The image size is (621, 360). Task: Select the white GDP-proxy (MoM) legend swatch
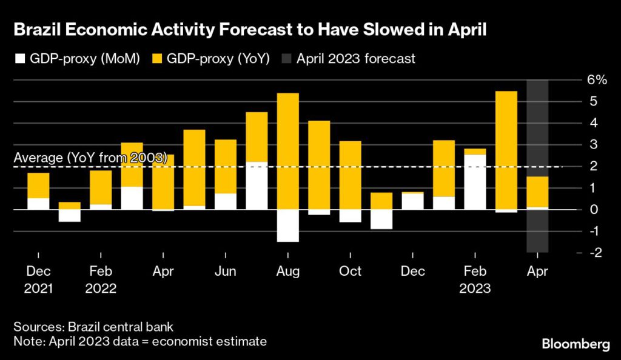pos(21,59)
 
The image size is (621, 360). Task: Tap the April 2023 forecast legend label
pos(356,59)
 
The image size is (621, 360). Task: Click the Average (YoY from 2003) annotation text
pos(90,158)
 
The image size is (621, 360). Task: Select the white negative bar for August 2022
pos(287,225)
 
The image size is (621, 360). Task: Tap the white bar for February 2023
pos(475,182)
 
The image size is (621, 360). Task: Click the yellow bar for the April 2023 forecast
pos(537,192)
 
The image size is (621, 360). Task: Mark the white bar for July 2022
pos(257,185)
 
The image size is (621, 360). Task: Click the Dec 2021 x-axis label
pos(38,279)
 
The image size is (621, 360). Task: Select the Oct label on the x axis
pos(350,272)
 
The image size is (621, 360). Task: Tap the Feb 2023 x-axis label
pos(475,279)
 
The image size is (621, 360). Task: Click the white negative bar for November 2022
pos(381,219)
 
